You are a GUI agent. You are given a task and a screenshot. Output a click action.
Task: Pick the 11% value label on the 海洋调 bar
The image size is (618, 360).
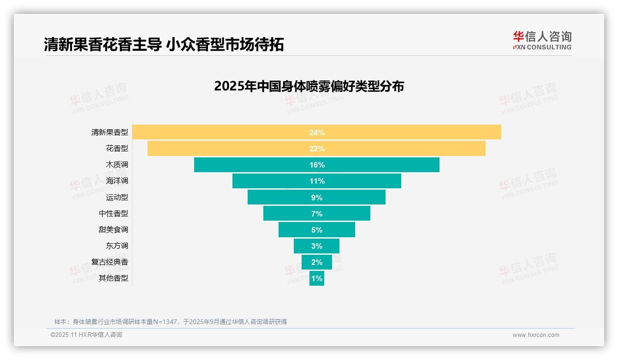[317, 181]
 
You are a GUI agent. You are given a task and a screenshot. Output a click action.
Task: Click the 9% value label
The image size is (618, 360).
[317, 198]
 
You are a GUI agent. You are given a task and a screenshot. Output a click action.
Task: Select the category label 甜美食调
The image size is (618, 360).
[113, 229]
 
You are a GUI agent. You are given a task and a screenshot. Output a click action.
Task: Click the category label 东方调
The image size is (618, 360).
[117, 246]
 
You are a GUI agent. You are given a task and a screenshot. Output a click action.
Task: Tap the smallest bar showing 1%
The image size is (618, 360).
[317, 278]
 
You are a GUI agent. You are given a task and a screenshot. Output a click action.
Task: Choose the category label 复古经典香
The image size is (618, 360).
[110, 262]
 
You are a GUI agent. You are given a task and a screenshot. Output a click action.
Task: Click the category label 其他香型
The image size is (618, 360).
[113, 278]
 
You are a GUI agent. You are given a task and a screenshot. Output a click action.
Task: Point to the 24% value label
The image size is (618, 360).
[317, 132]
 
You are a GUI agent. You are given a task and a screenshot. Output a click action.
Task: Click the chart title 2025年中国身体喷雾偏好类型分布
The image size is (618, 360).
[309, 86]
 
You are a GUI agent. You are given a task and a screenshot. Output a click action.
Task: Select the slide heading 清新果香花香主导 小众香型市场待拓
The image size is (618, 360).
[164, 44]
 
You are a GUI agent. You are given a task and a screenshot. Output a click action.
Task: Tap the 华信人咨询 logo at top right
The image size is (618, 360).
[542, 40]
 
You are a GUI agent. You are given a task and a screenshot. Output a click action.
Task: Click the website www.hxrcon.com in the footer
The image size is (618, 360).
[536, 335]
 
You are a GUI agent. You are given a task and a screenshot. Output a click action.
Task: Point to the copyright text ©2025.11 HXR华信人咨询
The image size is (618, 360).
[86, 335]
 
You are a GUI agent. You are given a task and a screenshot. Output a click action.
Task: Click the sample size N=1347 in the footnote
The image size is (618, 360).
[163, 322]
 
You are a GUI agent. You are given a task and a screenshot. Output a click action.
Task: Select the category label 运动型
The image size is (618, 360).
[117, 197]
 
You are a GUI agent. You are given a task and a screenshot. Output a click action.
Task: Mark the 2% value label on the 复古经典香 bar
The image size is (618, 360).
[317, 262]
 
